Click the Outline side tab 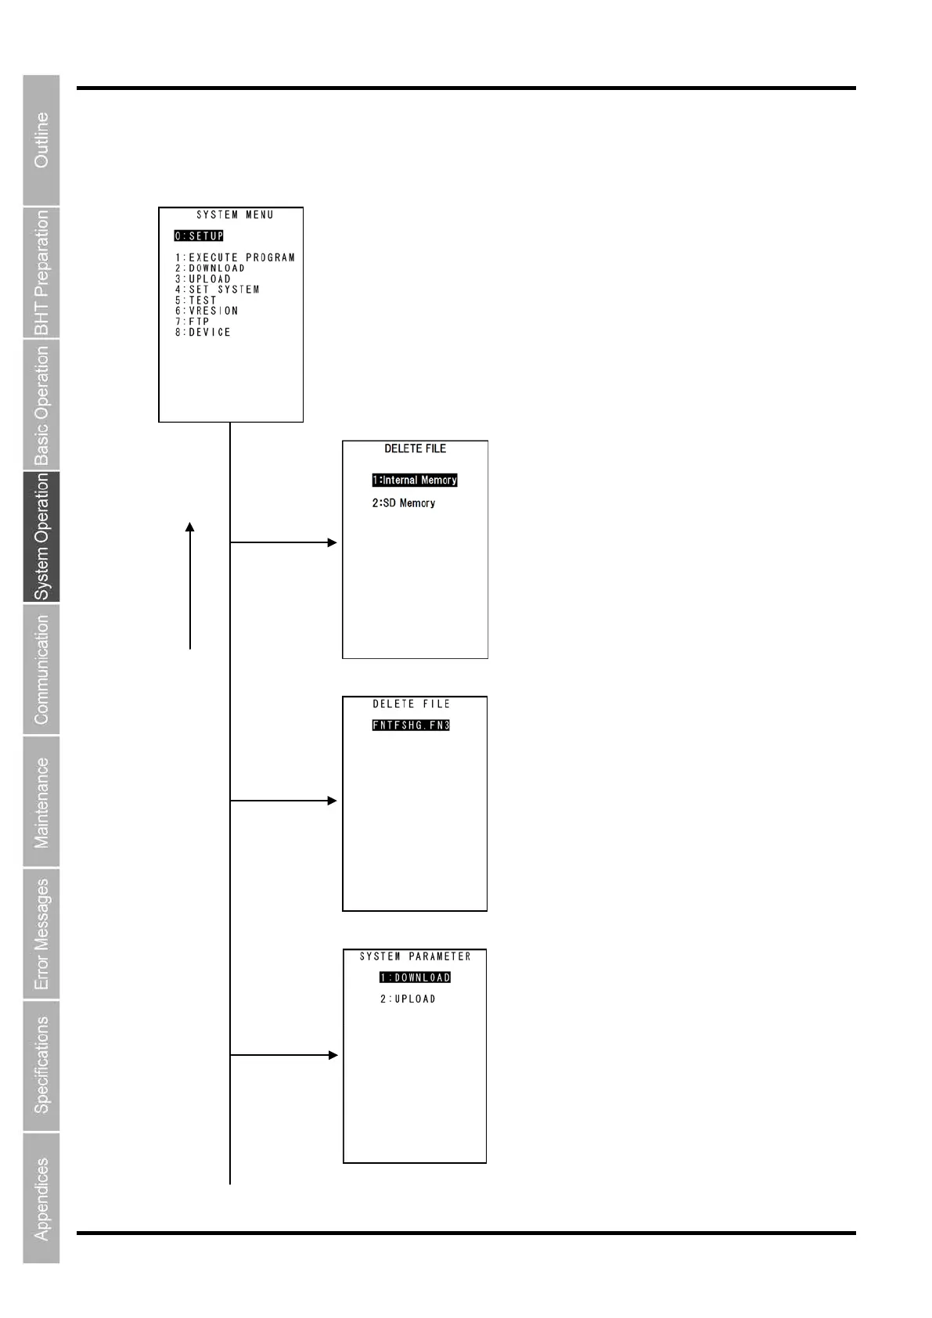pos(41,140)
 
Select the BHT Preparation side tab pos(41,272)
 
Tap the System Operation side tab pos(41,537)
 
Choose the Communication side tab pos(41,669)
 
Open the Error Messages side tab pos(41,934)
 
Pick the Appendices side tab pos(41,1198)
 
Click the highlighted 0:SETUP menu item pos(199,236)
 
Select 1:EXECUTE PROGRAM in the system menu pos(235,257)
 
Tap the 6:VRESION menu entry pos(207,311)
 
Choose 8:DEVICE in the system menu pos(203,332)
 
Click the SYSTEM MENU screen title pos(235,214)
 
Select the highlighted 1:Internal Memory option pos(415,480)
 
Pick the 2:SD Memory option pos(404,502)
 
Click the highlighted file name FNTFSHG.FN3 pos(411,725)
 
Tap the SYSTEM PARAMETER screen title pos(416,956)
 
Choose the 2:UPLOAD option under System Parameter pos(408,999)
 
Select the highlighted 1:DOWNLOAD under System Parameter pos(416,978)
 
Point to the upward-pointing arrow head pos(189,528)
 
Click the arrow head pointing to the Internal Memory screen pos(333,542)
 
